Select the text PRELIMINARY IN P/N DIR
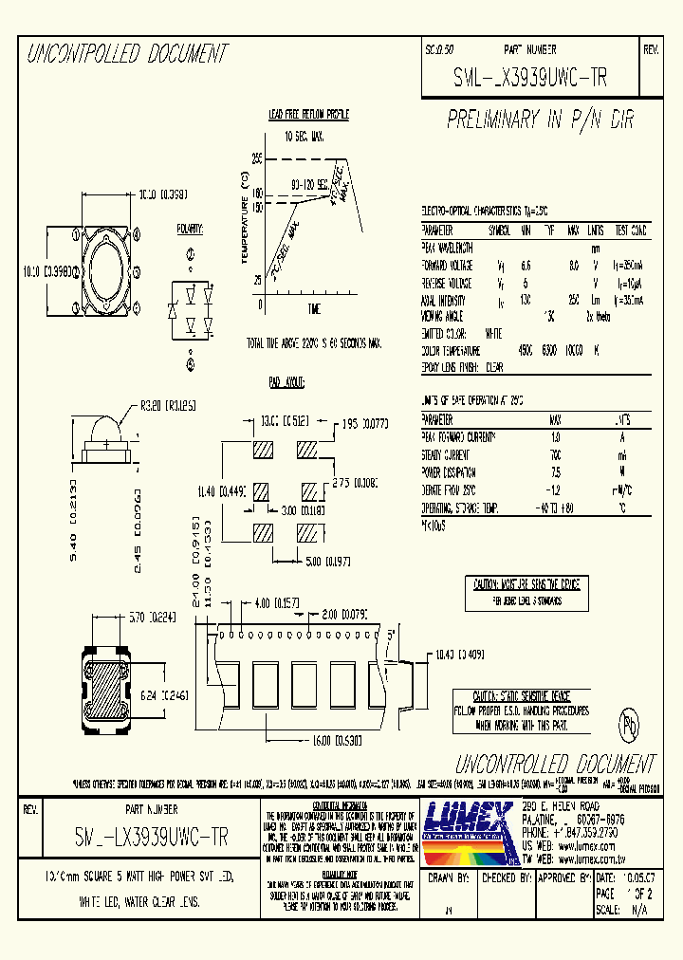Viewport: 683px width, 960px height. pyautogui.click(x=540, y=120)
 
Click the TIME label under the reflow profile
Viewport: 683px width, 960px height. pyautogui.click(x=314, y=309)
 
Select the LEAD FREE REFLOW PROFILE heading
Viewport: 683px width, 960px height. pyautogui.click(x=308, y=115)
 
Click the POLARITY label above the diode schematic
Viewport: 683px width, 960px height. pyautogui.click(x=190, y=229)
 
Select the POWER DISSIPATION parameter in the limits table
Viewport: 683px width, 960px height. pyautogui.click(x=448, y=471)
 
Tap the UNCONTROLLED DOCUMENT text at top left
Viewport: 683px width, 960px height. pyautogui.click(x=127, y=54)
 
